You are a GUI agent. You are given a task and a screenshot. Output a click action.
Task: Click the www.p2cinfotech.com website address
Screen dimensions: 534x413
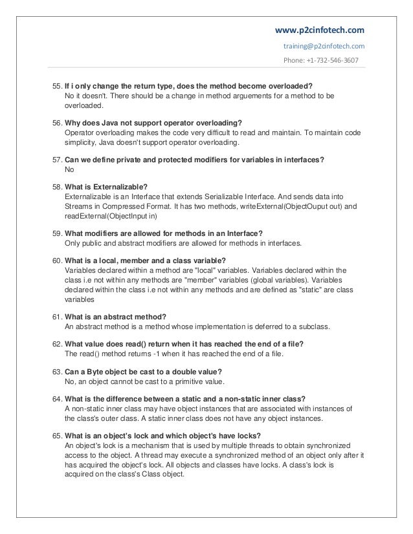coord(320,30)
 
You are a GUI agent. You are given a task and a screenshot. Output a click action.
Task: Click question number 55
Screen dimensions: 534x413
coord(56,85)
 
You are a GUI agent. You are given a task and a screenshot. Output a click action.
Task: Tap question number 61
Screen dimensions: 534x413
coord(56,315)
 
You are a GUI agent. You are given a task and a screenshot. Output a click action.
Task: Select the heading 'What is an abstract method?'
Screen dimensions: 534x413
coord(117,315)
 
